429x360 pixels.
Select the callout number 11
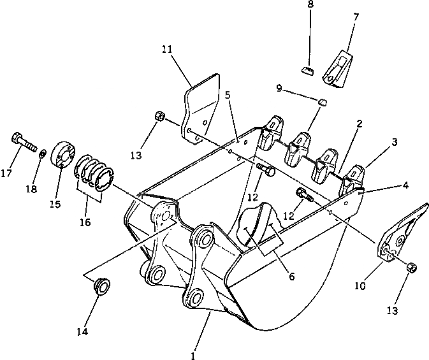coord(167,48)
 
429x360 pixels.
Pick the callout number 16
coord(86,222)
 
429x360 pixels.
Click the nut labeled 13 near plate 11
coord(160,117)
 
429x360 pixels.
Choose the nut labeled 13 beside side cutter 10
coord(412,268)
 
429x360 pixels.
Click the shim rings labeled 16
coord(95,174)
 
